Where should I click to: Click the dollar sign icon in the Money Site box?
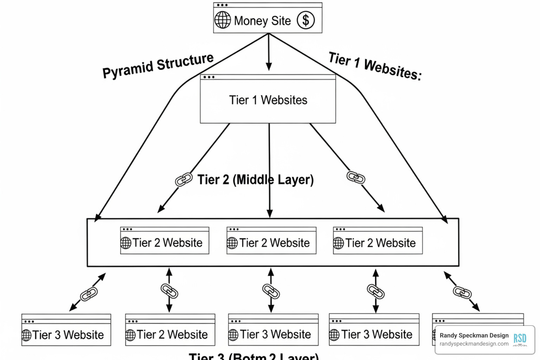(x=306, y=20)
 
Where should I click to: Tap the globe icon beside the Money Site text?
(x=223, y=20)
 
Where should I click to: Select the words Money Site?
(x=262, y=21)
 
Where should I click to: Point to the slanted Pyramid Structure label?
(x=158, y=66)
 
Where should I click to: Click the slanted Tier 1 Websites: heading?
(x=375, y=66)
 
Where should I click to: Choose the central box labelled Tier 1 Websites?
(x=268, y=100)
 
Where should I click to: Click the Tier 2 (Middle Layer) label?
(x=255, y=180)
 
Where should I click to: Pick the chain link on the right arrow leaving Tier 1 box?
(x=356, y=178)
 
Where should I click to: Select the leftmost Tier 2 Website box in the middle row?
(x=165, y=241)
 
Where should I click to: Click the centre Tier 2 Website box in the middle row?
(x=271, y=241)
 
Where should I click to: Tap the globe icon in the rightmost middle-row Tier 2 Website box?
(x=338, y=243)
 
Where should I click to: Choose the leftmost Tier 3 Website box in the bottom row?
(x=66, y=330)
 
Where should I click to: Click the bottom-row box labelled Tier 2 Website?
(x=170, y=330)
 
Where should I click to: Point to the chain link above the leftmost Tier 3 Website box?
(x=89, y=294)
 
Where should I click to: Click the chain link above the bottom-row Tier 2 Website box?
(x=169, y=291)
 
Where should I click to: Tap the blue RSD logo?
(x=520, y=339)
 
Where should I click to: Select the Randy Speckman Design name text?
(x=474, y=335)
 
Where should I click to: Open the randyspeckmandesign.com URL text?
(x=474, y=344)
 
